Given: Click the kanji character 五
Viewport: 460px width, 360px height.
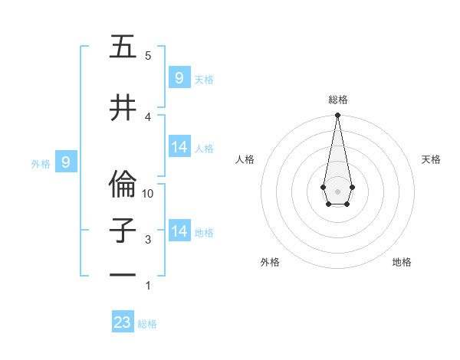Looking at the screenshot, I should pyautogui.click(x=123, y=47).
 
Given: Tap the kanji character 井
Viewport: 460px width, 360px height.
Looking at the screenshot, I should pyautogui.click(x=123, y=108).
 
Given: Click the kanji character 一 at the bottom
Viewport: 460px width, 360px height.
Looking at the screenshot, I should pyautogui.click(x=123, y=275).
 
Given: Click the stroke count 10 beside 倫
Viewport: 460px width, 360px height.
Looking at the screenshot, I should pyautogui.click(x=148, y=194).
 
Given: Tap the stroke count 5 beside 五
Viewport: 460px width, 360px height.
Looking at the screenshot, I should pyautogui.click(x=148, y=55).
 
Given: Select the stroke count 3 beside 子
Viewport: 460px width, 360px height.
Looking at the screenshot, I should pyautogui.click(x=148, y=240).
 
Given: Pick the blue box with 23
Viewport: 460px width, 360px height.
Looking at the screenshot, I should pyautogui.click(x=123, y=322).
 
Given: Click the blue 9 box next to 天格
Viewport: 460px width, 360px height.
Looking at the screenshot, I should pyautogui.click(x=179, y=77).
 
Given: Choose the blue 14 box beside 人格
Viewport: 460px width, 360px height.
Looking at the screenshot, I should pyautogui.click(x=179, y=147).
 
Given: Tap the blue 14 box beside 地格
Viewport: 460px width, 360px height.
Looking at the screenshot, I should pyautogui.click(x=179, y=231).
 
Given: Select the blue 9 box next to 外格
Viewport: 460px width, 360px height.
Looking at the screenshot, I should pyautogui.click(x=66, y=162).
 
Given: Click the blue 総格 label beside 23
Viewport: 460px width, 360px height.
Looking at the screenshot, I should pyautogui.click(x=147, y=324).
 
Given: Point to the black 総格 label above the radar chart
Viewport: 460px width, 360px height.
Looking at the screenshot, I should pyautogui.click(x=337, y=100).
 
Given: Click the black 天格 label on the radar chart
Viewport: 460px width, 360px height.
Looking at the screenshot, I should pyautogui.click(x=431, y=159).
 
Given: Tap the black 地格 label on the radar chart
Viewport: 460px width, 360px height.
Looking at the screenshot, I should pyautogui.click(x=402, y=262).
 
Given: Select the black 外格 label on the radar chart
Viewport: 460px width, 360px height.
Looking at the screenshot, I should pyautogui.click(x=270, y=262).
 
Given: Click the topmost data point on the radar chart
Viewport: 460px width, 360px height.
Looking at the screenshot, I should pyautogui.click(x=337, y=116).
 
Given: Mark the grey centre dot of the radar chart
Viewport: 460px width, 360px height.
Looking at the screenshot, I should pyautogui.click(x=337, y=190).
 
